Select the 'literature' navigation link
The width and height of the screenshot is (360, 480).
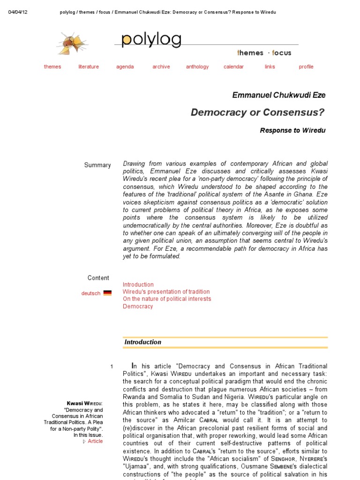point(89,67)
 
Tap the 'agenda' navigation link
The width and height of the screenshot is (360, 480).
point(125,67)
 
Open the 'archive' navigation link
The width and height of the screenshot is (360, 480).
point(161,67)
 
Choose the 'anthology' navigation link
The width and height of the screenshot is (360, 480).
point(197,67)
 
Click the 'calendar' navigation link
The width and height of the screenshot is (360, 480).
point(233,67)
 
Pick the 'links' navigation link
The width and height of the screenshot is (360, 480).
point(270,67)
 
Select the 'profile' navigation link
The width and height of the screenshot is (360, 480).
point(306,67)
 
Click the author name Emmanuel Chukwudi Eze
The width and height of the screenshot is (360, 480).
point(279,95)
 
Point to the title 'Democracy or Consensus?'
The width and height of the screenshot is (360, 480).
point(257,112)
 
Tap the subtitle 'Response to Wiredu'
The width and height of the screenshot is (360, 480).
point(292,130)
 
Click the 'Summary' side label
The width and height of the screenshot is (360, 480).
point(97,165)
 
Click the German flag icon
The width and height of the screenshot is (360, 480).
point(107,293)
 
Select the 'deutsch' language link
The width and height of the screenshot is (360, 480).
point(91,293)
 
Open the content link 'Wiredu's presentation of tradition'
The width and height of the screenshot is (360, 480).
point(166,292)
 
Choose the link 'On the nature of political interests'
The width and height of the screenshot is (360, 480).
point(167,299)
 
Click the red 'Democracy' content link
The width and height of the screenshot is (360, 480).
point(138,306)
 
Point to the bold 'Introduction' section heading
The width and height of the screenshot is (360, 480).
point(143,342)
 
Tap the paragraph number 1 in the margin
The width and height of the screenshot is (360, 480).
point(112,366)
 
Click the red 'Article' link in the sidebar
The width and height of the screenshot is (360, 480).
point(95,441)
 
